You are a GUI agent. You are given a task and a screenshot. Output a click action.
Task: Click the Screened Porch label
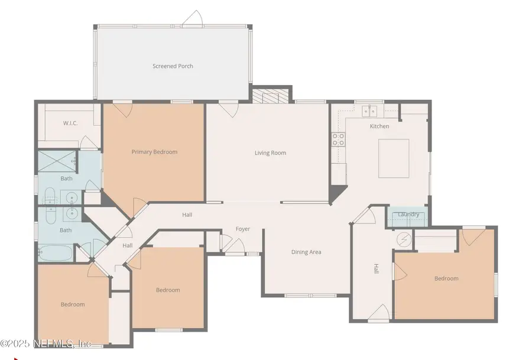(173, 66)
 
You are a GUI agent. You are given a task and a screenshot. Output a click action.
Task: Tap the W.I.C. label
(71, 123)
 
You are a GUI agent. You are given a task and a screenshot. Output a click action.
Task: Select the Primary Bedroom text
(154, 152)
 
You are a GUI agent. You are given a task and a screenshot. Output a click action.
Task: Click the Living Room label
(270, 153)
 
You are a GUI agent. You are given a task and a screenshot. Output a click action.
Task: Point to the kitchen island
(394, 158)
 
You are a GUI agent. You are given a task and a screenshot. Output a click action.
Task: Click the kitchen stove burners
(338, 139)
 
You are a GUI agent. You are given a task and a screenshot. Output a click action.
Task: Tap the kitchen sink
(371, 110)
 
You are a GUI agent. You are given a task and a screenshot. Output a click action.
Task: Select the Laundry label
(408, 215)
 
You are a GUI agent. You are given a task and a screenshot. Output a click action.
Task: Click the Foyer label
(243, 229)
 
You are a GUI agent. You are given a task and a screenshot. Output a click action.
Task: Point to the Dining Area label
(306, 252)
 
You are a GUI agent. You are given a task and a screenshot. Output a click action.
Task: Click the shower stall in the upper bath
(57, 160)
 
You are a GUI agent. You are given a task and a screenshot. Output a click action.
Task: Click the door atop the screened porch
(192, 20)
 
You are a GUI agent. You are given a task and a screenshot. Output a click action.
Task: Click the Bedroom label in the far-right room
(446, 278)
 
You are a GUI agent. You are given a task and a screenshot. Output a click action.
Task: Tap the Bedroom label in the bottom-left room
(73, 304)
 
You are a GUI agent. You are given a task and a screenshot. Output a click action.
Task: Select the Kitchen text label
(379, 127)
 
